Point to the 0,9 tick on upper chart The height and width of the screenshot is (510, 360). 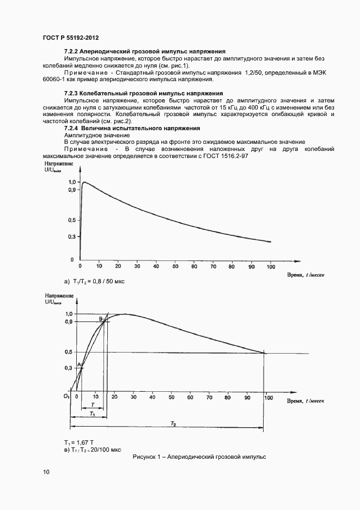click(71, 190)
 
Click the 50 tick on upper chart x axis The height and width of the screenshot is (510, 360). click(174, 267)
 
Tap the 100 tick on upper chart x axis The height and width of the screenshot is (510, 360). click(270, 267)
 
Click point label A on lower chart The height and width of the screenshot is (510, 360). click(78, 365)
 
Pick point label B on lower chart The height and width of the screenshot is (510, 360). click(100, 319)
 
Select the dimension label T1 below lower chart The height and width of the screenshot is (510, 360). click(91, 415)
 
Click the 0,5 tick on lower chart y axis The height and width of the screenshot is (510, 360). click(68, 352)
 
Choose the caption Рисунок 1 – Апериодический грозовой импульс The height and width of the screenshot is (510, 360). click(199, 457)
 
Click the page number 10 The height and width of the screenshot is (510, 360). click(46, 472)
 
